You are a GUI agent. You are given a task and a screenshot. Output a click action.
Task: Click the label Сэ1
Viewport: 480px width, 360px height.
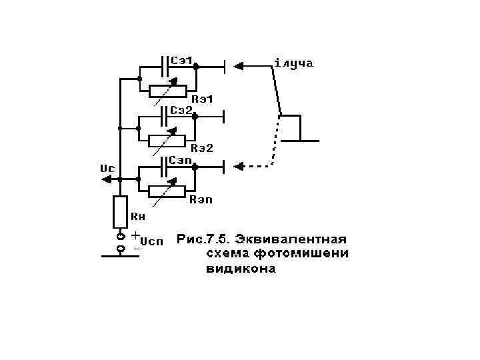(182, 61)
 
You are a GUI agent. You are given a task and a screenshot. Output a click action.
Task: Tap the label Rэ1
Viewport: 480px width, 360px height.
(201, 100)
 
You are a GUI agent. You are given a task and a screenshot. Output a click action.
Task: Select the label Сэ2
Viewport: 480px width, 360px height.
(181, 109)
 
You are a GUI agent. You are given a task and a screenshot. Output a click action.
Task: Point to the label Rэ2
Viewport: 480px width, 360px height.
(201, 147)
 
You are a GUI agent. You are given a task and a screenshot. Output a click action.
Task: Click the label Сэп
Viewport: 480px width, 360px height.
(181, 160)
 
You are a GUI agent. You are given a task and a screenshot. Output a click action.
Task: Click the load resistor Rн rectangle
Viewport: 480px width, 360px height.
(120, 212)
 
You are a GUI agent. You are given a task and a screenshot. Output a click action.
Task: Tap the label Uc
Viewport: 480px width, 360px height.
(107, 169)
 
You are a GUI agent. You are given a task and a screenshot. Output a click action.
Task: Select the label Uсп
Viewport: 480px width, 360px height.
(151, 241)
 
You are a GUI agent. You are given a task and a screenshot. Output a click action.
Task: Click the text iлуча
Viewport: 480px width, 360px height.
(293, 64)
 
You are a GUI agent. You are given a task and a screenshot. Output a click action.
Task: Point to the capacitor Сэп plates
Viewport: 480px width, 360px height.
(165, 166)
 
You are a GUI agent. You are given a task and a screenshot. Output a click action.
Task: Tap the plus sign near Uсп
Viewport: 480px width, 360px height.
(135, 235)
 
